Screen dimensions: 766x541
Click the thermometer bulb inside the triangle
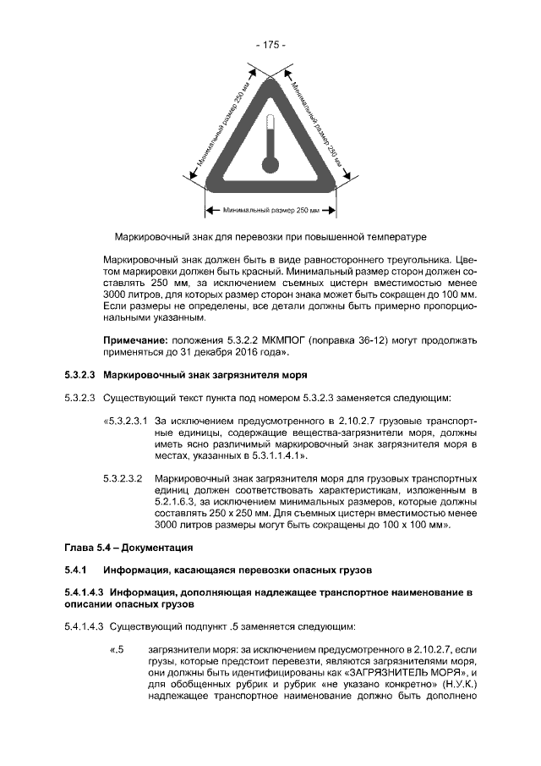270,163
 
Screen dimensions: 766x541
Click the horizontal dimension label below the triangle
270,208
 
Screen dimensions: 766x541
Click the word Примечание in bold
134,339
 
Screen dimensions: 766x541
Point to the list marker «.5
117,650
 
